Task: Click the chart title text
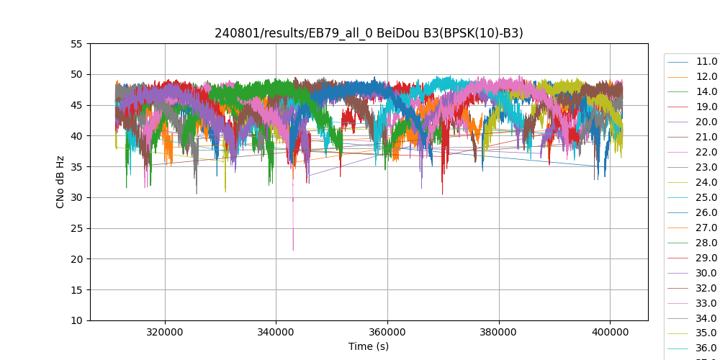pyautogui.click(x=369, y=33)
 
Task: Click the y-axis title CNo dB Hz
pyautogui.click(x=60, y=182)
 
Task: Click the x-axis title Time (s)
pyautogui.click(x=369, y=346)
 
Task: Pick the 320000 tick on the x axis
pyautogui.click(x=165, y=333)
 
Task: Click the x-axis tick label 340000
pyautogui.click(x=276, y=333)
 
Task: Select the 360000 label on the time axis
pyautogui.click(x=387, y=333)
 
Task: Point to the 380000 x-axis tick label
pyautogui.click(x=498, y=333)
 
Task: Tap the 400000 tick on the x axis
pyautogui.click(x=610, y=333)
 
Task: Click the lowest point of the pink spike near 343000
pyautogui.click(x=293, y=250)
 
